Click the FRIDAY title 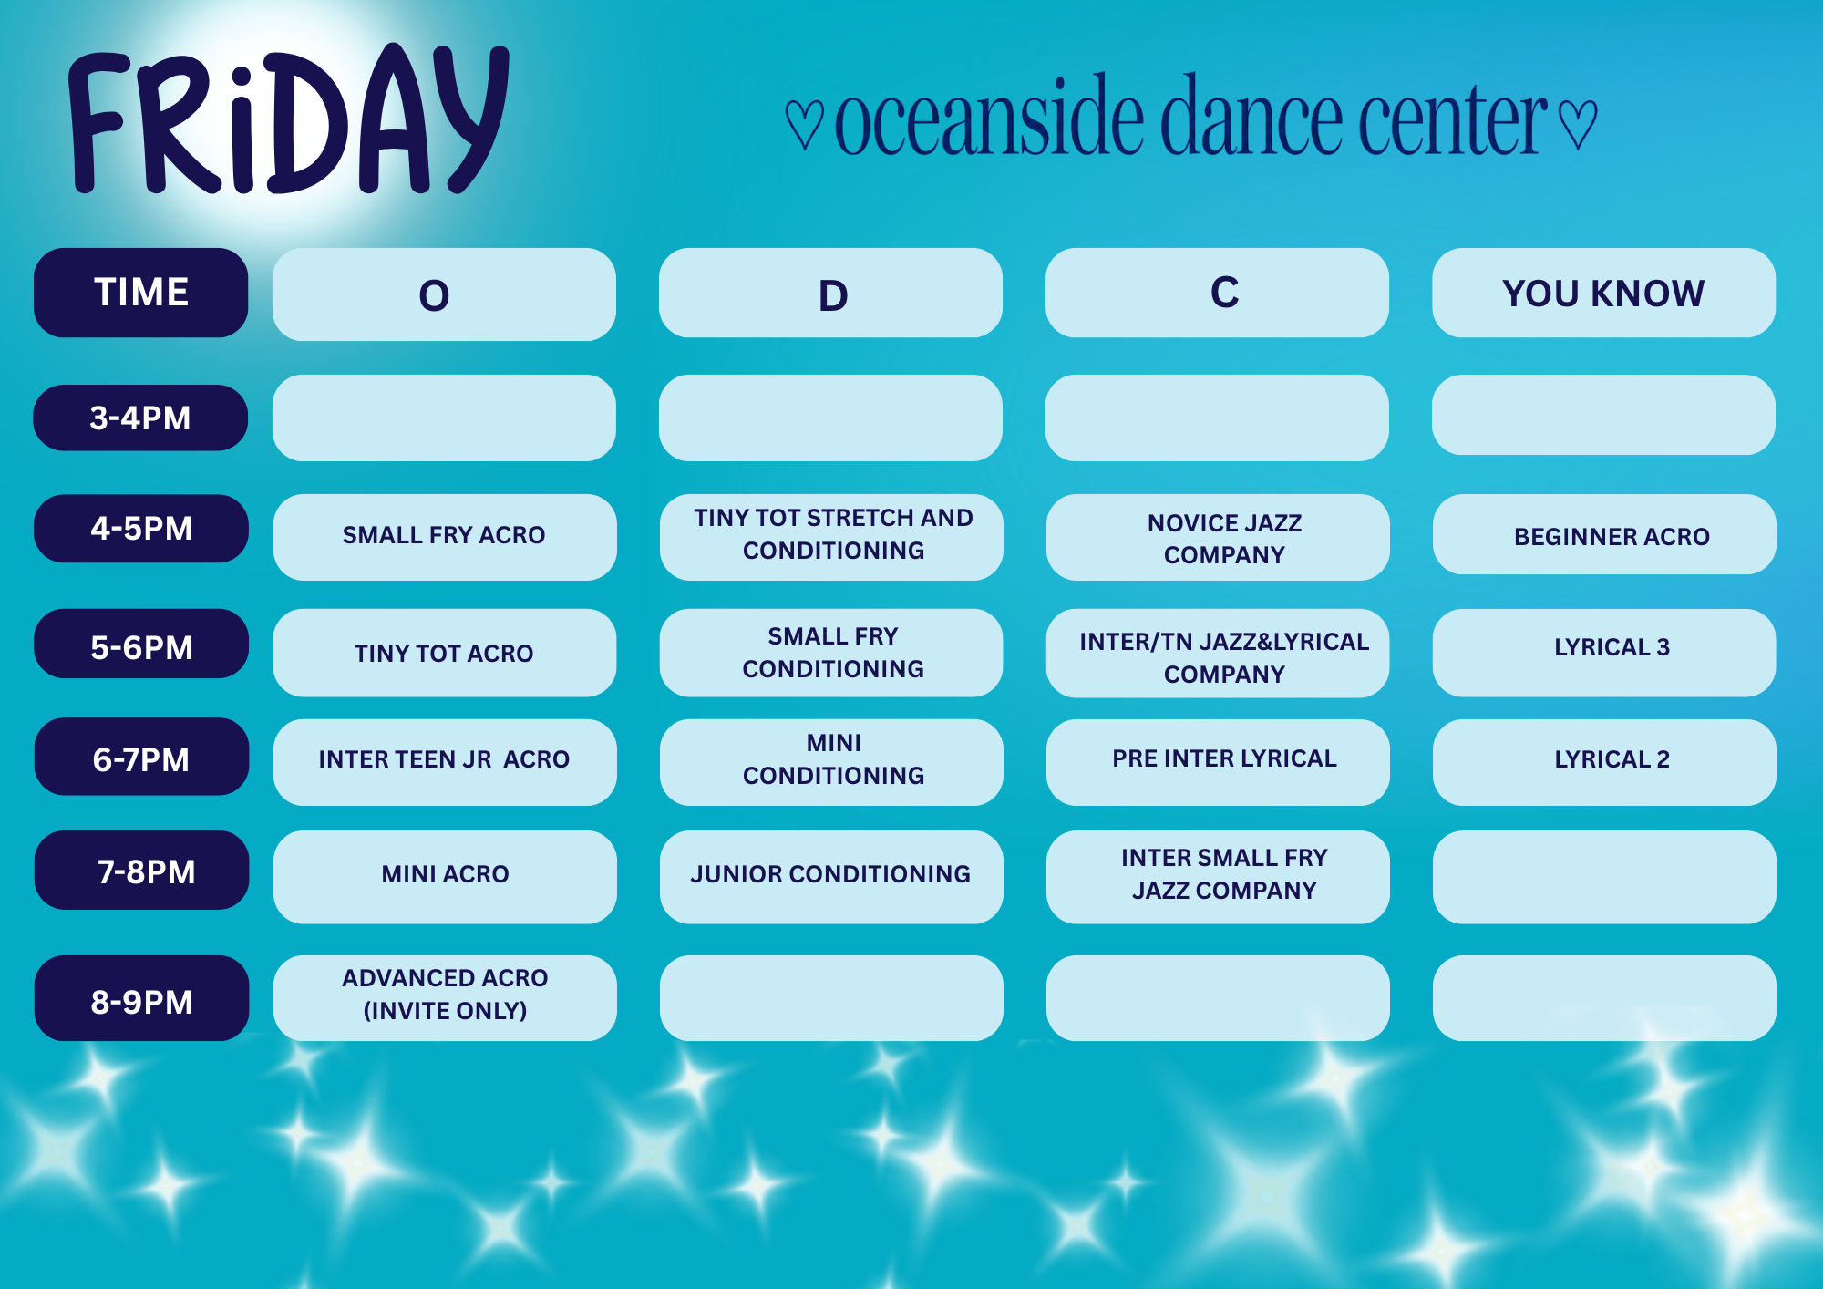288,119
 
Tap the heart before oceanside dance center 805,124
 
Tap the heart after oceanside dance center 1578,124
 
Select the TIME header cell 141,293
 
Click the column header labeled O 444,294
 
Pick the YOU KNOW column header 1603,293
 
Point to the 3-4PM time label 140,418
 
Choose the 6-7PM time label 141,757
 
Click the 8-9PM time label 141,998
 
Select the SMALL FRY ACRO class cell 445,537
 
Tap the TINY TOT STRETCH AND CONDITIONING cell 831,537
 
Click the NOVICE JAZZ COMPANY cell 1218,537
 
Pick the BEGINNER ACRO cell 1604,534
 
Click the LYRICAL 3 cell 1604,653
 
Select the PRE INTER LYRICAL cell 1218,762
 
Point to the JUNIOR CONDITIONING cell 831,877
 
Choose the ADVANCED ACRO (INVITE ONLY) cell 445,998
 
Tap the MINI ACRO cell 445,877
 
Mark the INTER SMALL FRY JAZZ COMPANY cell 1218,877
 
